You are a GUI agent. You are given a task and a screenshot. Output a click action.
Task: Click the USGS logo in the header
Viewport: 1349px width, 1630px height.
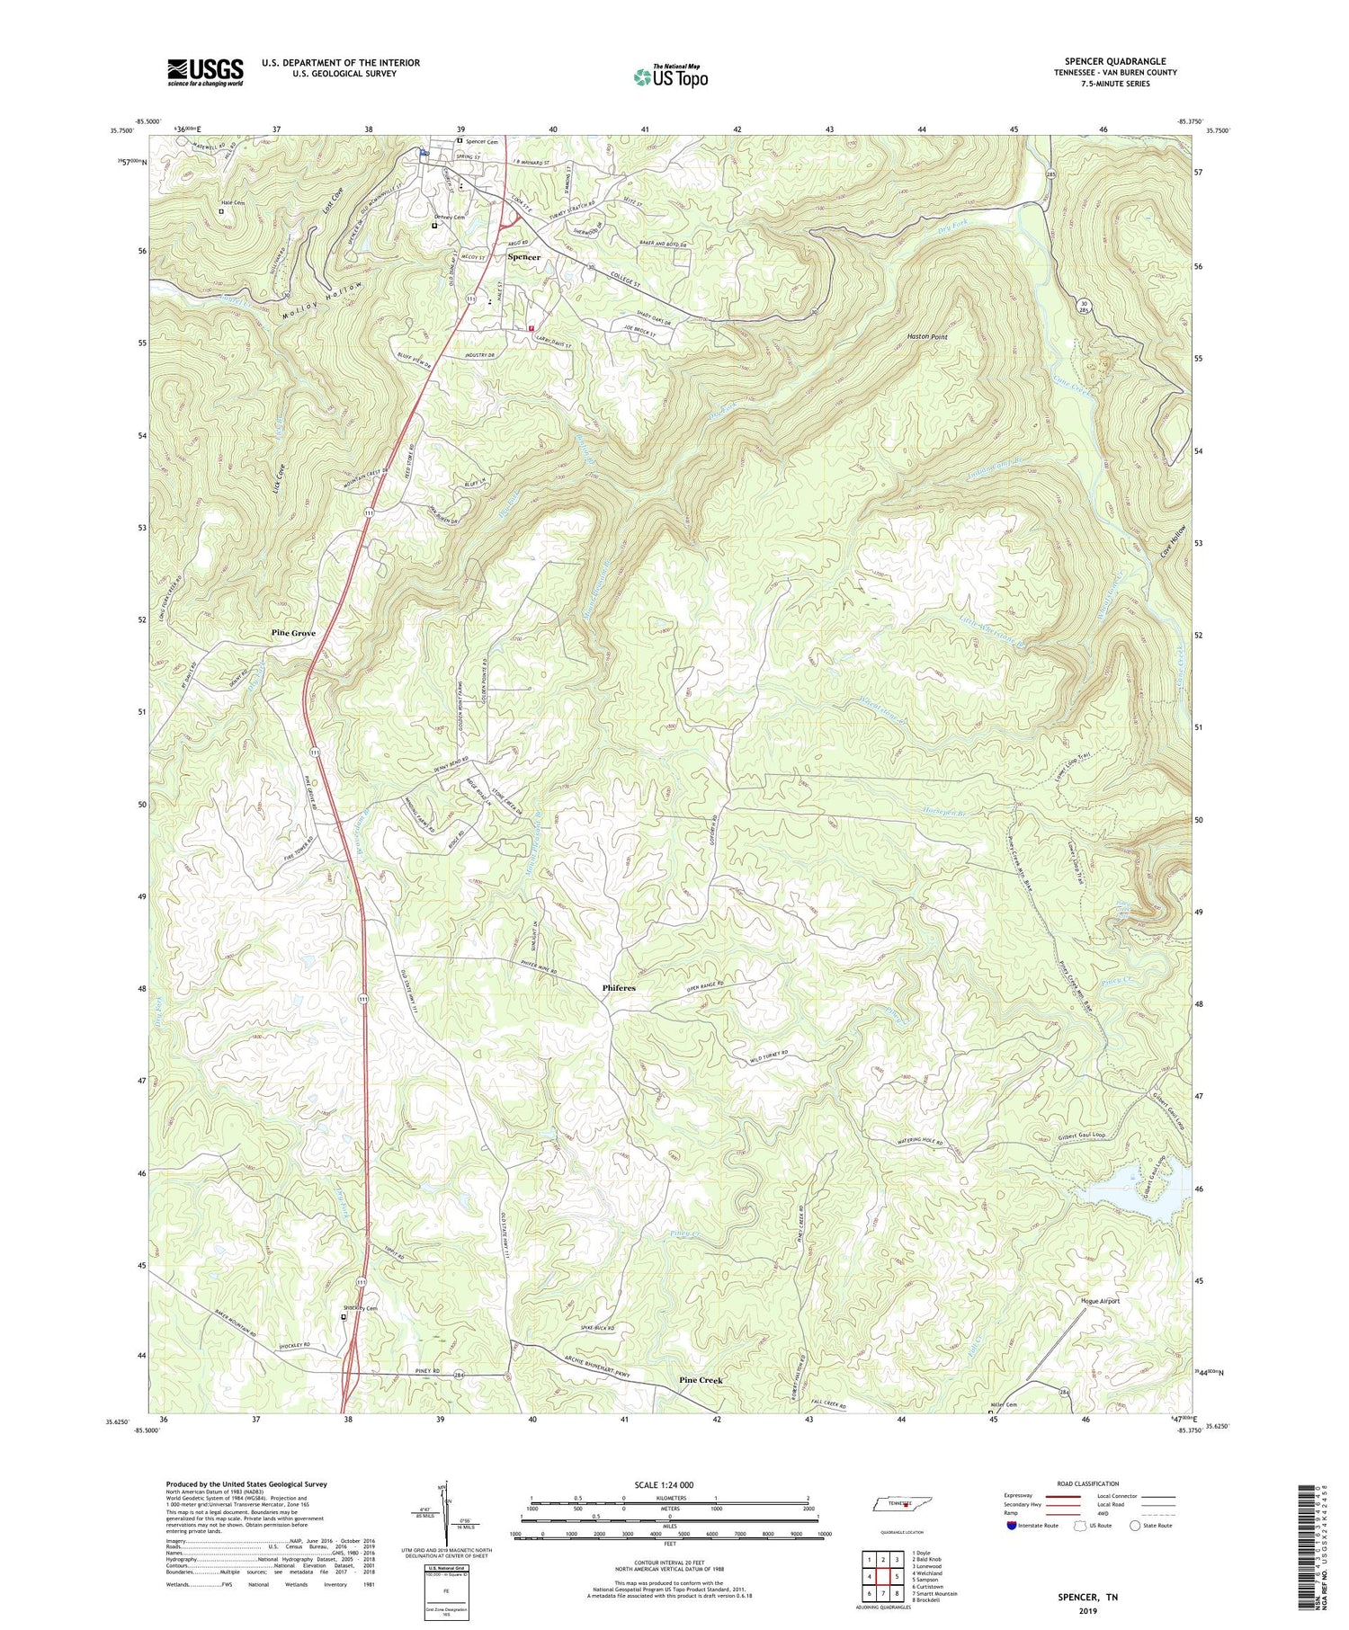click(x=204, y=72)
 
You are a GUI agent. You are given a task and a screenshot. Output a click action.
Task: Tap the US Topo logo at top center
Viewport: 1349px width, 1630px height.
click(x=670, y=76)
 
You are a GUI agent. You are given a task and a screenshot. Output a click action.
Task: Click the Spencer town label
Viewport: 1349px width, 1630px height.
click(x=524, y=257)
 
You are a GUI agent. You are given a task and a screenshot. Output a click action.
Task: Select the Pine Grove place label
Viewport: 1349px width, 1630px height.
click(x=294, y=633)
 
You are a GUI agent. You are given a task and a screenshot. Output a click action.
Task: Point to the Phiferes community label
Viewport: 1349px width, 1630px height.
click(x=619, y=988)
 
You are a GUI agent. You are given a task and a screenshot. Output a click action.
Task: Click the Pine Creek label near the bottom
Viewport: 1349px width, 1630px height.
click(x=701, y=1379)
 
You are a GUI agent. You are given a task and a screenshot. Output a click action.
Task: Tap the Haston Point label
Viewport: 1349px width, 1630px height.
click(x=927, y=336)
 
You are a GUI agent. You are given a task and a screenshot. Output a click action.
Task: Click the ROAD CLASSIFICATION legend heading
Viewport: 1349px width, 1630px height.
click(x=1088, y=1483)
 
